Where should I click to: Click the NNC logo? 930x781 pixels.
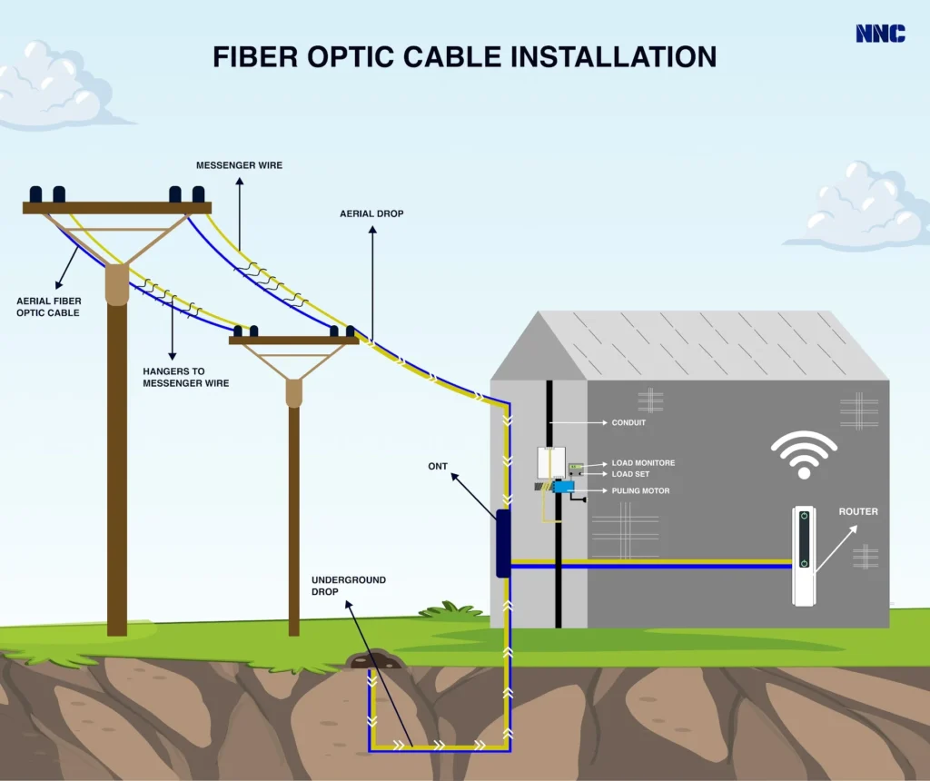pyautogui.click(x=879, y=34)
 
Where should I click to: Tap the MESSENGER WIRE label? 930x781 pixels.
pyautogui.click(x=240, y=165)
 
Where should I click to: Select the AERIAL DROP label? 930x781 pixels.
pyautogui.click(x=371, y=213)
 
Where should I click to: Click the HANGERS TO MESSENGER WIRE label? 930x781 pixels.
pyautogui.click(x=186, y=377)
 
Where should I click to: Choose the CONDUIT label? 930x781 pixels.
pyautogui.click(x=629, y=422)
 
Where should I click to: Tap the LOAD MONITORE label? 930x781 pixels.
pyautogui.click(x=643, y=463)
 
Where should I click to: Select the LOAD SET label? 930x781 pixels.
pyautogui.click(x=630, y=474)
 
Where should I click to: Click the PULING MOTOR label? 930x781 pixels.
pyautogui.click(x=640, y=491)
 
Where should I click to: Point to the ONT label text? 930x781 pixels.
pyautogui.click(x=439, y=466)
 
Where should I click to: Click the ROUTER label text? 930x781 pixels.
pyautogui.click(x=857, y=511)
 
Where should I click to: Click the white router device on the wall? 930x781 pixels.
pyautogui.click(x=804, y=555)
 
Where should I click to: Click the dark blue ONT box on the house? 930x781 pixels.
pyautogui.click(x=502, y=543)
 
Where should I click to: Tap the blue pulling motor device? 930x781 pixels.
pyautogui.click(x=563, y=487)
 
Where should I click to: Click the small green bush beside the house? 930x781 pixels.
pyautogui.click(x=450, y=609)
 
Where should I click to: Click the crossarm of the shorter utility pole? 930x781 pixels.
pyautogui.click(x=293, y=341)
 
